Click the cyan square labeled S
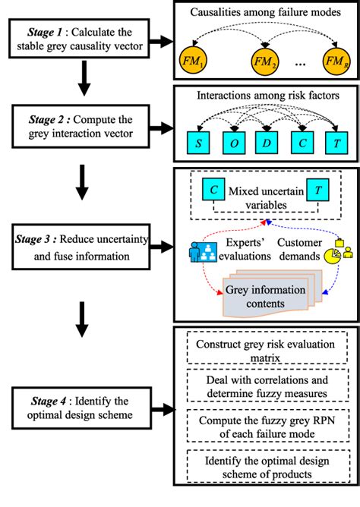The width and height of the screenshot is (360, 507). (x=197, y=144)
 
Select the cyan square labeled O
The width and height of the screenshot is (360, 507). (x=232, y=144)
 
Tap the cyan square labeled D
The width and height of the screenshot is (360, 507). (x=267, y=144)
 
